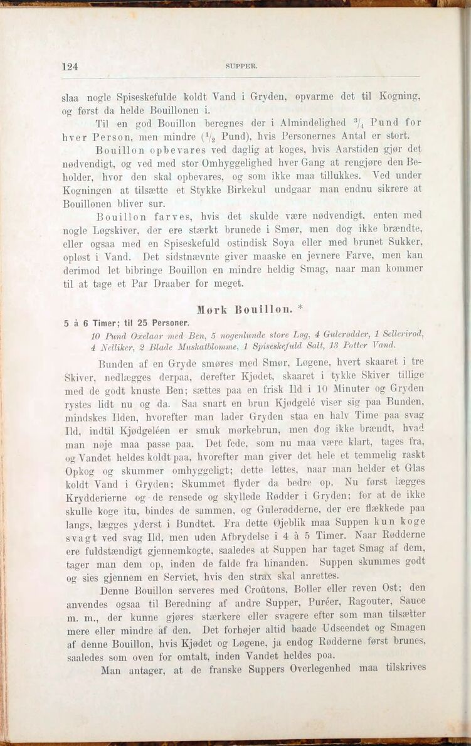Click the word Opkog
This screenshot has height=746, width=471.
click(78, 470)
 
